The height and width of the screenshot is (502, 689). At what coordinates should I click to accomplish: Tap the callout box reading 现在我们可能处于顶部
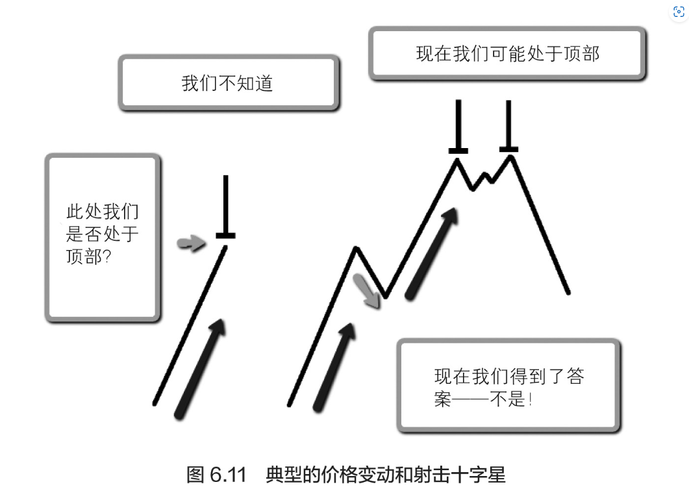507,53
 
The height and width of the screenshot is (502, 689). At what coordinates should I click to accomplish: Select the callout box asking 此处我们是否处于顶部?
103,237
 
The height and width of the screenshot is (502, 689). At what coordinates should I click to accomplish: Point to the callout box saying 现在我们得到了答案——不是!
509,386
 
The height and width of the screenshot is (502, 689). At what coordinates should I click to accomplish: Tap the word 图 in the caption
196,475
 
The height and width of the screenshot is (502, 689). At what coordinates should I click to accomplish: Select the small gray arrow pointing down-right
367,290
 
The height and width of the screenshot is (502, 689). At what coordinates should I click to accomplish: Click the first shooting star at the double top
458,127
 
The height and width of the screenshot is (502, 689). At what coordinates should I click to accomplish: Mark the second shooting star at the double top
508,127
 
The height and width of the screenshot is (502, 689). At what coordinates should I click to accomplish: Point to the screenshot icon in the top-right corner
678,12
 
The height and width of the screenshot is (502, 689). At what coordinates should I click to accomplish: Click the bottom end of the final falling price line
568,293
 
